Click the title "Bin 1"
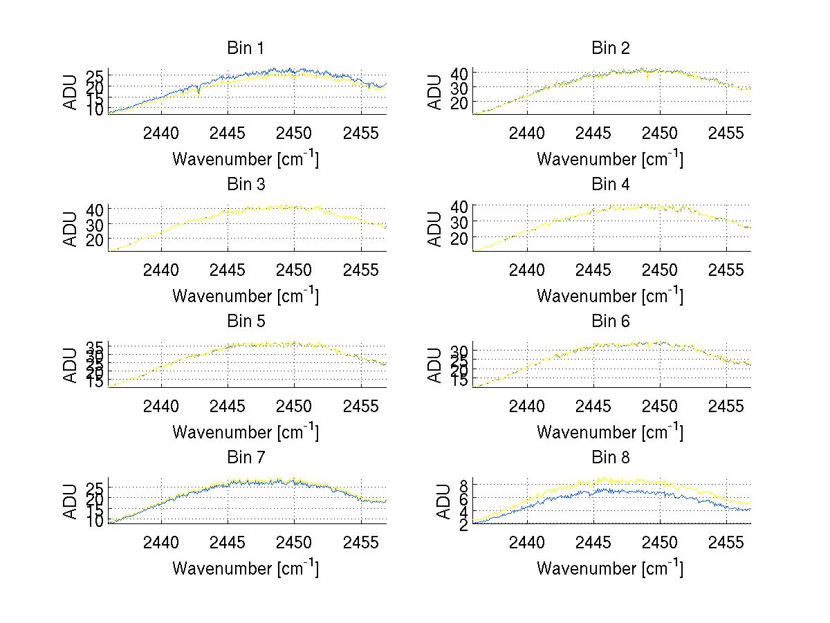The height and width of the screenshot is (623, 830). coord(246,48)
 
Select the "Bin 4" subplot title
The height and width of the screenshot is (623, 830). coord(610,185)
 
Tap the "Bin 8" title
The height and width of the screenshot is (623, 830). coord(610,458)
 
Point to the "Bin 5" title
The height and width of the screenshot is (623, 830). coord(246,322)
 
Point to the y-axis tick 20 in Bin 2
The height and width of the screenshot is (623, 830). coord(461,102)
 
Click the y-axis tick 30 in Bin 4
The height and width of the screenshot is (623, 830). coord(461,221)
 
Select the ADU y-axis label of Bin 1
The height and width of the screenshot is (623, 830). coord(71,92)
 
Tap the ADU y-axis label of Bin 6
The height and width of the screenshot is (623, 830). coord(435,365)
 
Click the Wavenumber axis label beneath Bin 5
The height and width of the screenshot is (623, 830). coord(246,432)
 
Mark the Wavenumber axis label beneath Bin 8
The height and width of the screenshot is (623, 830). coord(610,568)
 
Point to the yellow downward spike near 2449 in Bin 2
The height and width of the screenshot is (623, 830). coord(647,80)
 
